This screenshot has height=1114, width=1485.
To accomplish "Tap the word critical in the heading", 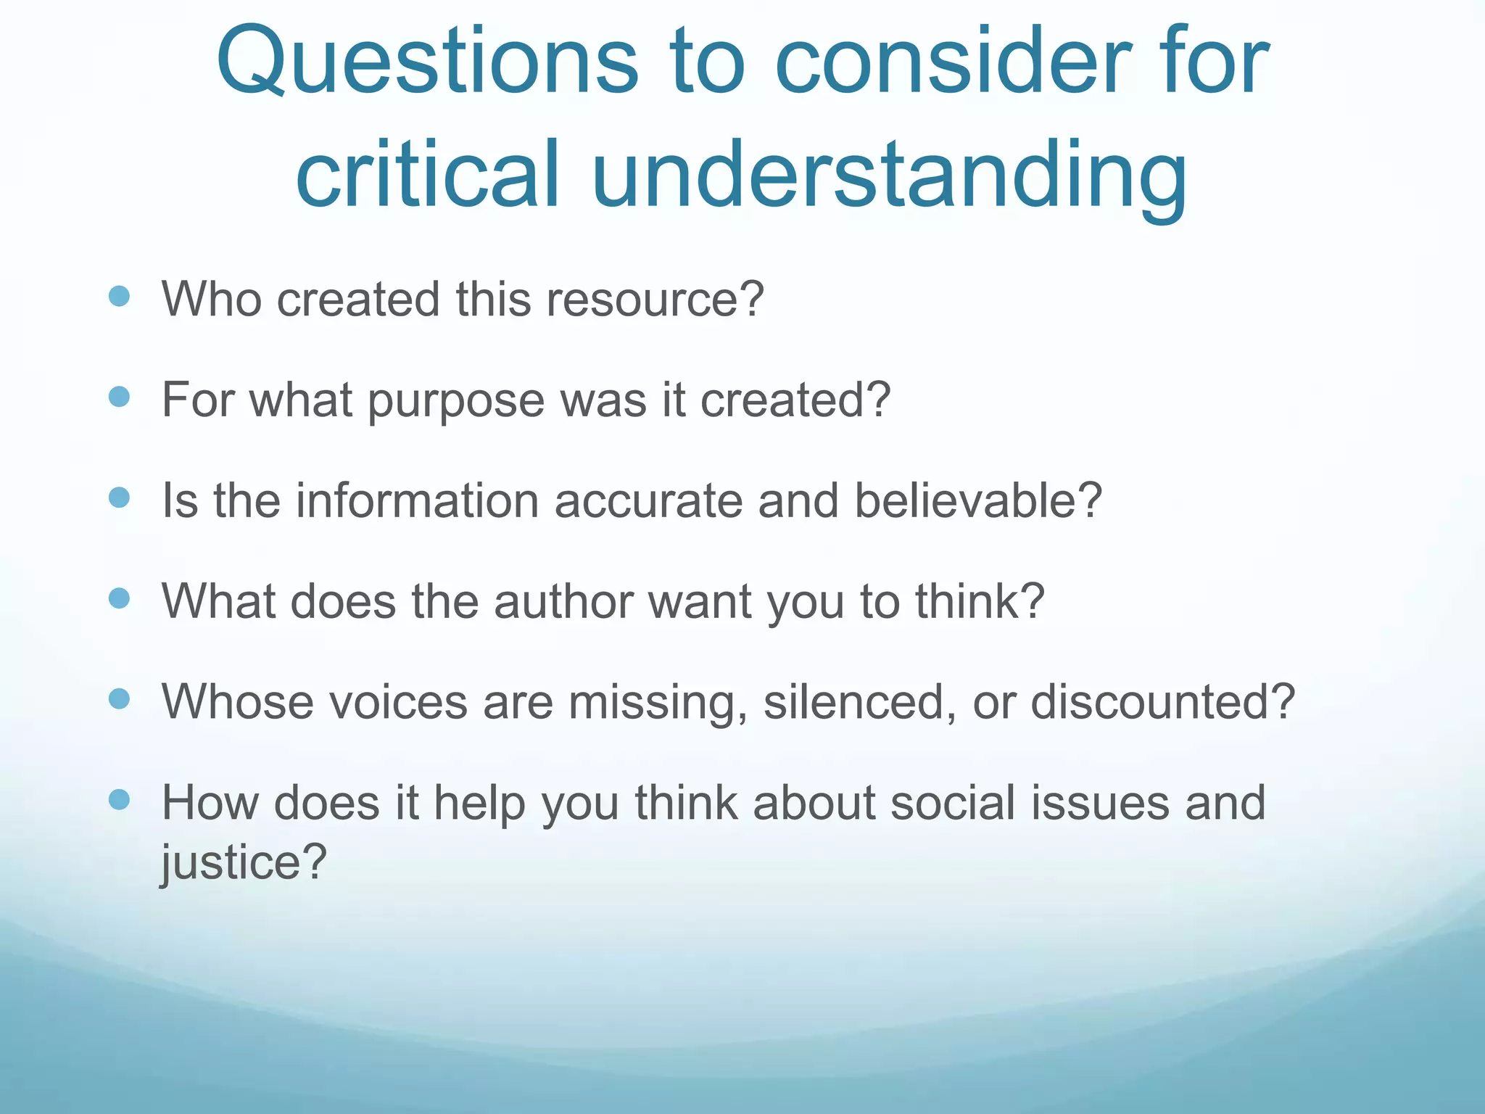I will point(428,174).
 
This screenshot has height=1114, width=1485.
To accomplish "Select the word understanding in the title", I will point(889,178).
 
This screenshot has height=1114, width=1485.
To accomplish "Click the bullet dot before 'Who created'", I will point(119,296).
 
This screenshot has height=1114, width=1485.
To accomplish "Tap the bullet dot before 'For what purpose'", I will point(119,397).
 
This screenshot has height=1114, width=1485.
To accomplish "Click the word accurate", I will point(648,501).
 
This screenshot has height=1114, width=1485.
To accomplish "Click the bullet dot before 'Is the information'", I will point(119,498).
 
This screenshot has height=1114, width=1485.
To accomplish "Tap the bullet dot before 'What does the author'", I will point(119,598).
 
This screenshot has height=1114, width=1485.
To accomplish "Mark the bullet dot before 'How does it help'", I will point(119,800).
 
